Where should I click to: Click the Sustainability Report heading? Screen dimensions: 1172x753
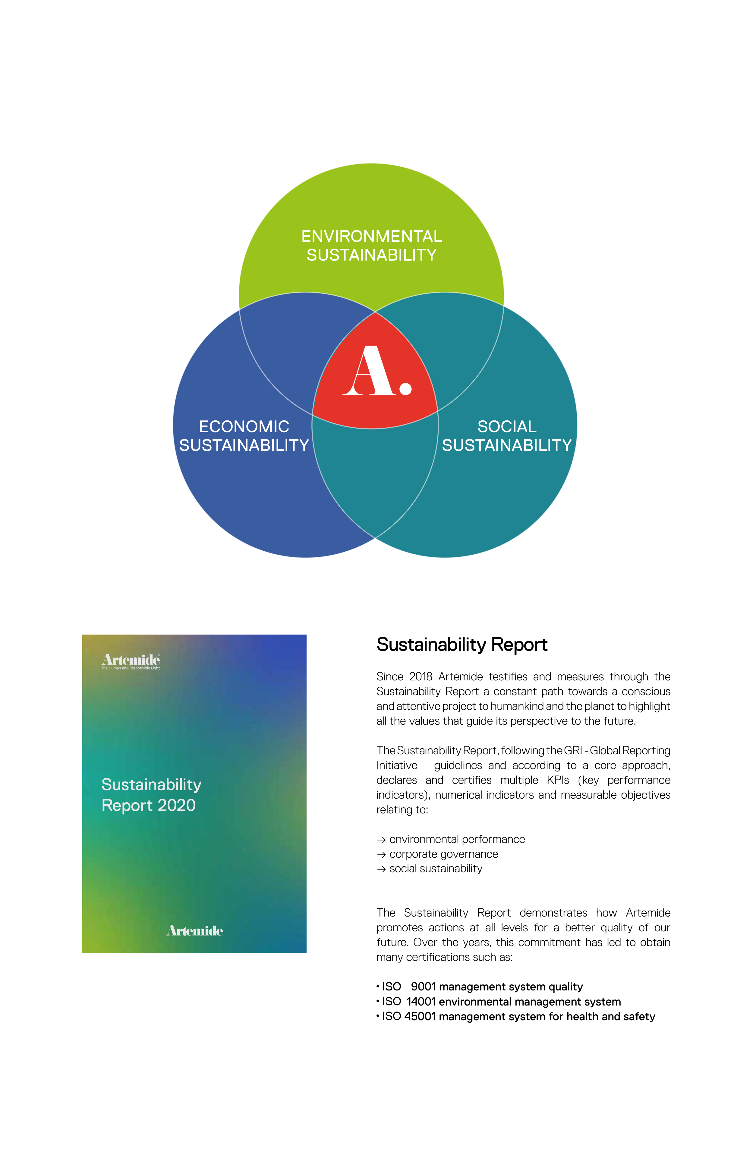pyautogui.click(x=462, y=645)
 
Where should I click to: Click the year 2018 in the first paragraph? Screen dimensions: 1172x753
pyautogui.click(x=421, y=677)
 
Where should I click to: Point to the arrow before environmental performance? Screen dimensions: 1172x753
pyautogui.click(x=381, y=840)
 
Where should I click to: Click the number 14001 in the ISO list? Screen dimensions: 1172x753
pyautogui.click(x=421, y=1002)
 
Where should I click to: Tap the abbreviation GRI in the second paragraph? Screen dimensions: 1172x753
pyautogui.click(x=572, y=751)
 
